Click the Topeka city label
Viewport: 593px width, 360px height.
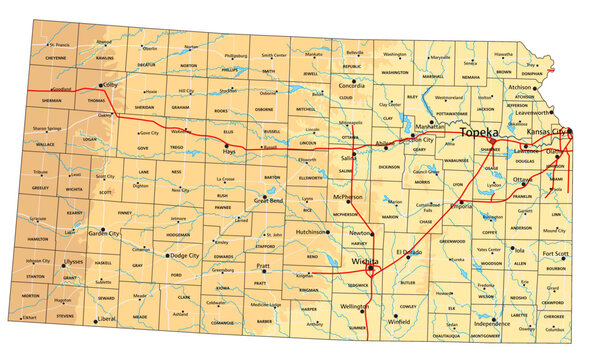click(x=484, y=132)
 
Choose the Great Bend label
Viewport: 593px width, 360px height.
click(x=269, y=200)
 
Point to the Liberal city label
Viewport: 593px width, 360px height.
click(x=106, y=319)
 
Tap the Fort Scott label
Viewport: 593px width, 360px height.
click(x=556, y=254)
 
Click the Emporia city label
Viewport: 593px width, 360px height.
click(x=464, y=206)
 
